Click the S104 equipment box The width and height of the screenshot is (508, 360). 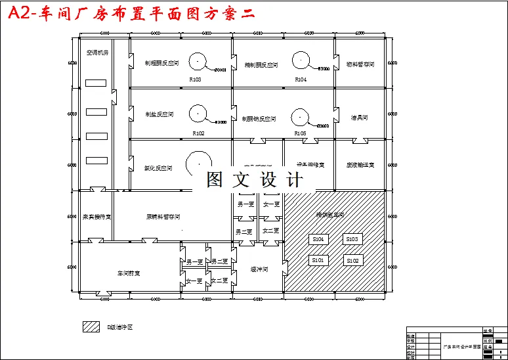(x=318, y=239)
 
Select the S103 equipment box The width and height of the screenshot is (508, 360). (x=352, y=239)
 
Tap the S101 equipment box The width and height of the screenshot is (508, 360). (x=318, y=260)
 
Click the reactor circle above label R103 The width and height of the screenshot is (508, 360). (x=198, y=62)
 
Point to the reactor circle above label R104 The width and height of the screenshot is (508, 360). (x=301, y=60)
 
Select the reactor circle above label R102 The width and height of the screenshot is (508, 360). (x=198, y=114)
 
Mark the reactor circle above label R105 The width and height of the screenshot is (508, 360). (x=300, y=116)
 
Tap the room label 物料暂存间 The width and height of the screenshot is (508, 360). (x=360, y=64)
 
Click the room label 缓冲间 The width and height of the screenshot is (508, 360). (x=259, y=269)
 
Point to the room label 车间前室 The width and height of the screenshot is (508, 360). (x=129, y=273)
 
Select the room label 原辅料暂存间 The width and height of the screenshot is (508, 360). (x=163, y=216)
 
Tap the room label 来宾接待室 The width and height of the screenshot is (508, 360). (x=96, y=216)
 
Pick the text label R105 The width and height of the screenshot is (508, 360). (x=300, y=133)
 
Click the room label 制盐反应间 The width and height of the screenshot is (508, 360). (x=159, y=114)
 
